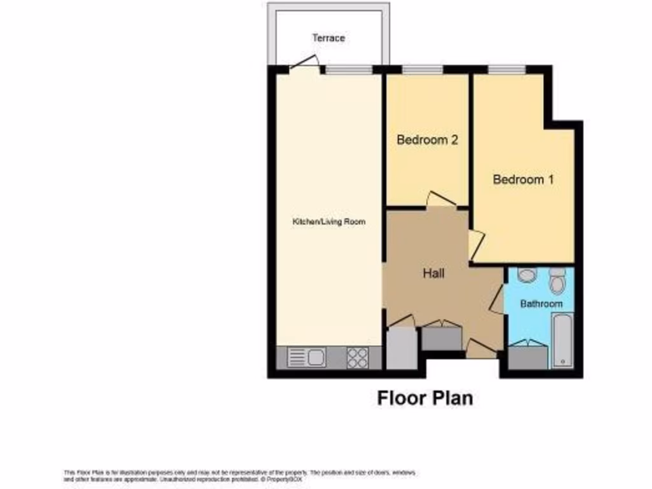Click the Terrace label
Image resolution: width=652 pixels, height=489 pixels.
329,38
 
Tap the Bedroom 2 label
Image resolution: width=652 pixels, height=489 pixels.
427,140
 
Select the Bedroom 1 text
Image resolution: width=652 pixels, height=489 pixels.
523,180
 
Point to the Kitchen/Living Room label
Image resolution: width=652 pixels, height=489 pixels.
329,222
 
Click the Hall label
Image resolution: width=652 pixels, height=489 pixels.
434,274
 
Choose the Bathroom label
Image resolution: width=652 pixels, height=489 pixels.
541,304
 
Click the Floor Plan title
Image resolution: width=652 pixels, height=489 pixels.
425,399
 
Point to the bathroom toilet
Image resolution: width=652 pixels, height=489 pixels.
557,281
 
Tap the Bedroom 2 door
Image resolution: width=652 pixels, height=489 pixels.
439,199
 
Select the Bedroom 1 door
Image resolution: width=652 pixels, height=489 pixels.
476,244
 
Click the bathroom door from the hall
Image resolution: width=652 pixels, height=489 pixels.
497,301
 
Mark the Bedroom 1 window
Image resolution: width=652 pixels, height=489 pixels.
507,69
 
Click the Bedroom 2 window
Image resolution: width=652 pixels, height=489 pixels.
423,69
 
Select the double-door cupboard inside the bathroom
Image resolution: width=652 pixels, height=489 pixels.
528,355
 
